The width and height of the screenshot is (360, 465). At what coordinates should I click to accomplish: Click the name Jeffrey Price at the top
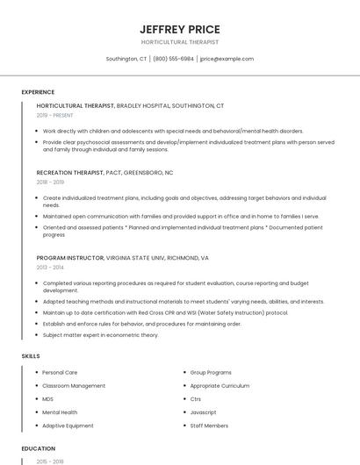point(179,29)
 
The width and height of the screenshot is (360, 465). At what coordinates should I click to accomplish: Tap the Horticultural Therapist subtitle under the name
point(179,42)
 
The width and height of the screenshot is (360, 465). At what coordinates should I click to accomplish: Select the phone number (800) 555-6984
point(173,59)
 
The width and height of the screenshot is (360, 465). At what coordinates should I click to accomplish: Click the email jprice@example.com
point(227,59)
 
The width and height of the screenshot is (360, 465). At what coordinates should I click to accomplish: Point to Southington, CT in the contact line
point(126,59)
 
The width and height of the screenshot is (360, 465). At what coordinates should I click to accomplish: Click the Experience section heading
point(38,92)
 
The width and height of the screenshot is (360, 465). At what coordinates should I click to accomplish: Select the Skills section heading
point(31,355)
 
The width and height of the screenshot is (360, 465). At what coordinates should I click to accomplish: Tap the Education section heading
point(38,448)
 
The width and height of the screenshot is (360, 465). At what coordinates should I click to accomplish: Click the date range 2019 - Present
point(55,115)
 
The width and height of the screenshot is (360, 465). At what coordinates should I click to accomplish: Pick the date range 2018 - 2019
point(50,182)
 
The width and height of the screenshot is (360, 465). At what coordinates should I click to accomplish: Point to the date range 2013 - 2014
point(50,267)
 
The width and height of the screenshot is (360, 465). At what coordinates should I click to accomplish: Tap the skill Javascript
point(204,411)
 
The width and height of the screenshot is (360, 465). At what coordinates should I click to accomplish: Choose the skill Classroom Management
point(74,385)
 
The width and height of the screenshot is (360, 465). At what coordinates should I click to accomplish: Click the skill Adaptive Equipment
point(68,426)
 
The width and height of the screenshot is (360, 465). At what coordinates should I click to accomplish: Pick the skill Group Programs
point(211,372)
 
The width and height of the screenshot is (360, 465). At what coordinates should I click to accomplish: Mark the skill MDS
point(48,398)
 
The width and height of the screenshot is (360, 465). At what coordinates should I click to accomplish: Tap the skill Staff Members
point(209,426)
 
